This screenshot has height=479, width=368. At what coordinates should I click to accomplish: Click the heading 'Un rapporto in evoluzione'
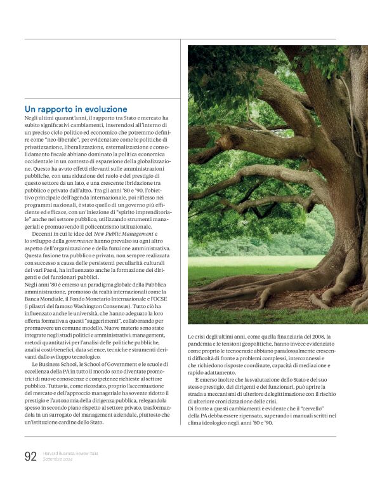tap(76, 109)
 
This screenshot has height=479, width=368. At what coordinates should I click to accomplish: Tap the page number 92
tap(30, 456)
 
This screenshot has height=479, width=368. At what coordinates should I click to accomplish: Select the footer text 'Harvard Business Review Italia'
tap(70, 453)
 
